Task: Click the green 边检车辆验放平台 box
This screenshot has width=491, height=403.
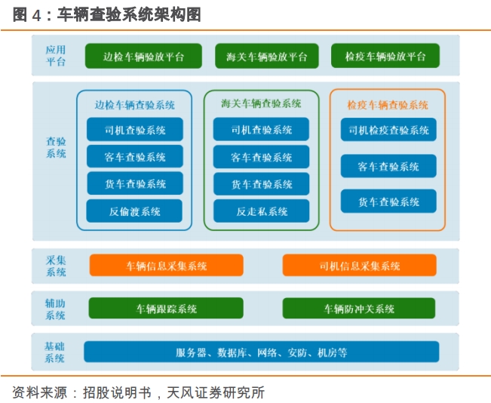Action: click(x=143, y=56)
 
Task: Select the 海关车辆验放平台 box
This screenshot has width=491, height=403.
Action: click(x=267, y=56)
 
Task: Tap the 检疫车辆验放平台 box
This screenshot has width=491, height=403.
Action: click(x=385, y=56)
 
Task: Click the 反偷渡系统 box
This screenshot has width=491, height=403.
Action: click(x=134, y=211)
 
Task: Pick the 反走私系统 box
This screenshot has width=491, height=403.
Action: click(x=262, y=211)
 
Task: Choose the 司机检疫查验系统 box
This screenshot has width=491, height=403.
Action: click(x=388, y=130)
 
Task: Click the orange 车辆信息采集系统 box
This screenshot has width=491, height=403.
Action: click(x=166, y=266)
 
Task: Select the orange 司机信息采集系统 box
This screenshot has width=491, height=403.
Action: click(x=360, y=266)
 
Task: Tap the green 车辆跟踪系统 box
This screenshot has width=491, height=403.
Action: click(x=166, y=309)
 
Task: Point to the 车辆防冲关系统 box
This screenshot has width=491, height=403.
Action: click(x=359, y=309)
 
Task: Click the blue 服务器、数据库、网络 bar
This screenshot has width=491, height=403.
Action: click(x=262, y=352)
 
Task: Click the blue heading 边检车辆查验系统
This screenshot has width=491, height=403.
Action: click(x=135, y=105)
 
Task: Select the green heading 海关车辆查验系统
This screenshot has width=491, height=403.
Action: click(x=261, y=103)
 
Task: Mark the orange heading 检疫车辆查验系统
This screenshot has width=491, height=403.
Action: click(x=388, y=105)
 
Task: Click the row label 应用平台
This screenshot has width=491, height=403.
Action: click(x=56, y=55)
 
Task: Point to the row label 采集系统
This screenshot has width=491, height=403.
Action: click(x=56, y=266)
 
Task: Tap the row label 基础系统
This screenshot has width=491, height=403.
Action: click(x=54, y=352)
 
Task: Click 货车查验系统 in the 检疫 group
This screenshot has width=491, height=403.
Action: click(x=388, y=201)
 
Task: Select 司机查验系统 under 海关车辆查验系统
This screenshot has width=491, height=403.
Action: click(x=261, y=129)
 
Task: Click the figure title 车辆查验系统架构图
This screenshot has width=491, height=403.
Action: click(x=129, y=15)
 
